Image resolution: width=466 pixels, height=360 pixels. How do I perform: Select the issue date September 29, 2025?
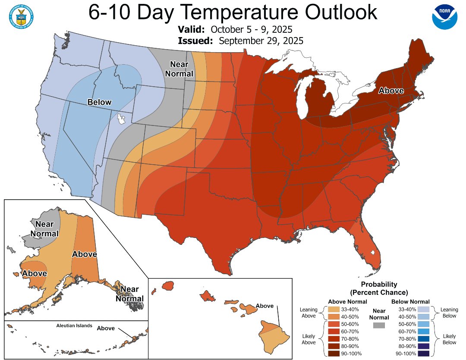(x=261, y=41)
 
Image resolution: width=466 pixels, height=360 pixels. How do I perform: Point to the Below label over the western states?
(x=99, y=102)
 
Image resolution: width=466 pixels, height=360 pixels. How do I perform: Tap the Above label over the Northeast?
(x=391, y=91)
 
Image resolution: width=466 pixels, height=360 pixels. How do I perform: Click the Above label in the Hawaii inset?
(x=264, y=306)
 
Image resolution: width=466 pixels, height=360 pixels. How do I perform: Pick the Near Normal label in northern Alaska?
(x=47, y=229)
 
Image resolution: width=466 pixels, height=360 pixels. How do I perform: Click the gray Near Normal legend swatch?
(x=378, y=325)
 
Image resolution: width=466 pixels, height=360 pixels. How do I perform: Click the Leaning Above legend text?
(x=309, y=313)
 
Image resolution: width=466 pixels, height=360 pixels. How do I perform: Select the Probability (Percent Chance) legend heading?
(x=379, y=288)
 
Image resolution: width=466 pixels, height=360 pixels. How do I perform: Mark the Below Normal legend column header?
(x=410, y=301)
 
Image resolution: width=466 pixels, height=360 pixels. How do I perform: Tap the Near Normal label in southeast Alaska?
(x=132, y=294)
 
